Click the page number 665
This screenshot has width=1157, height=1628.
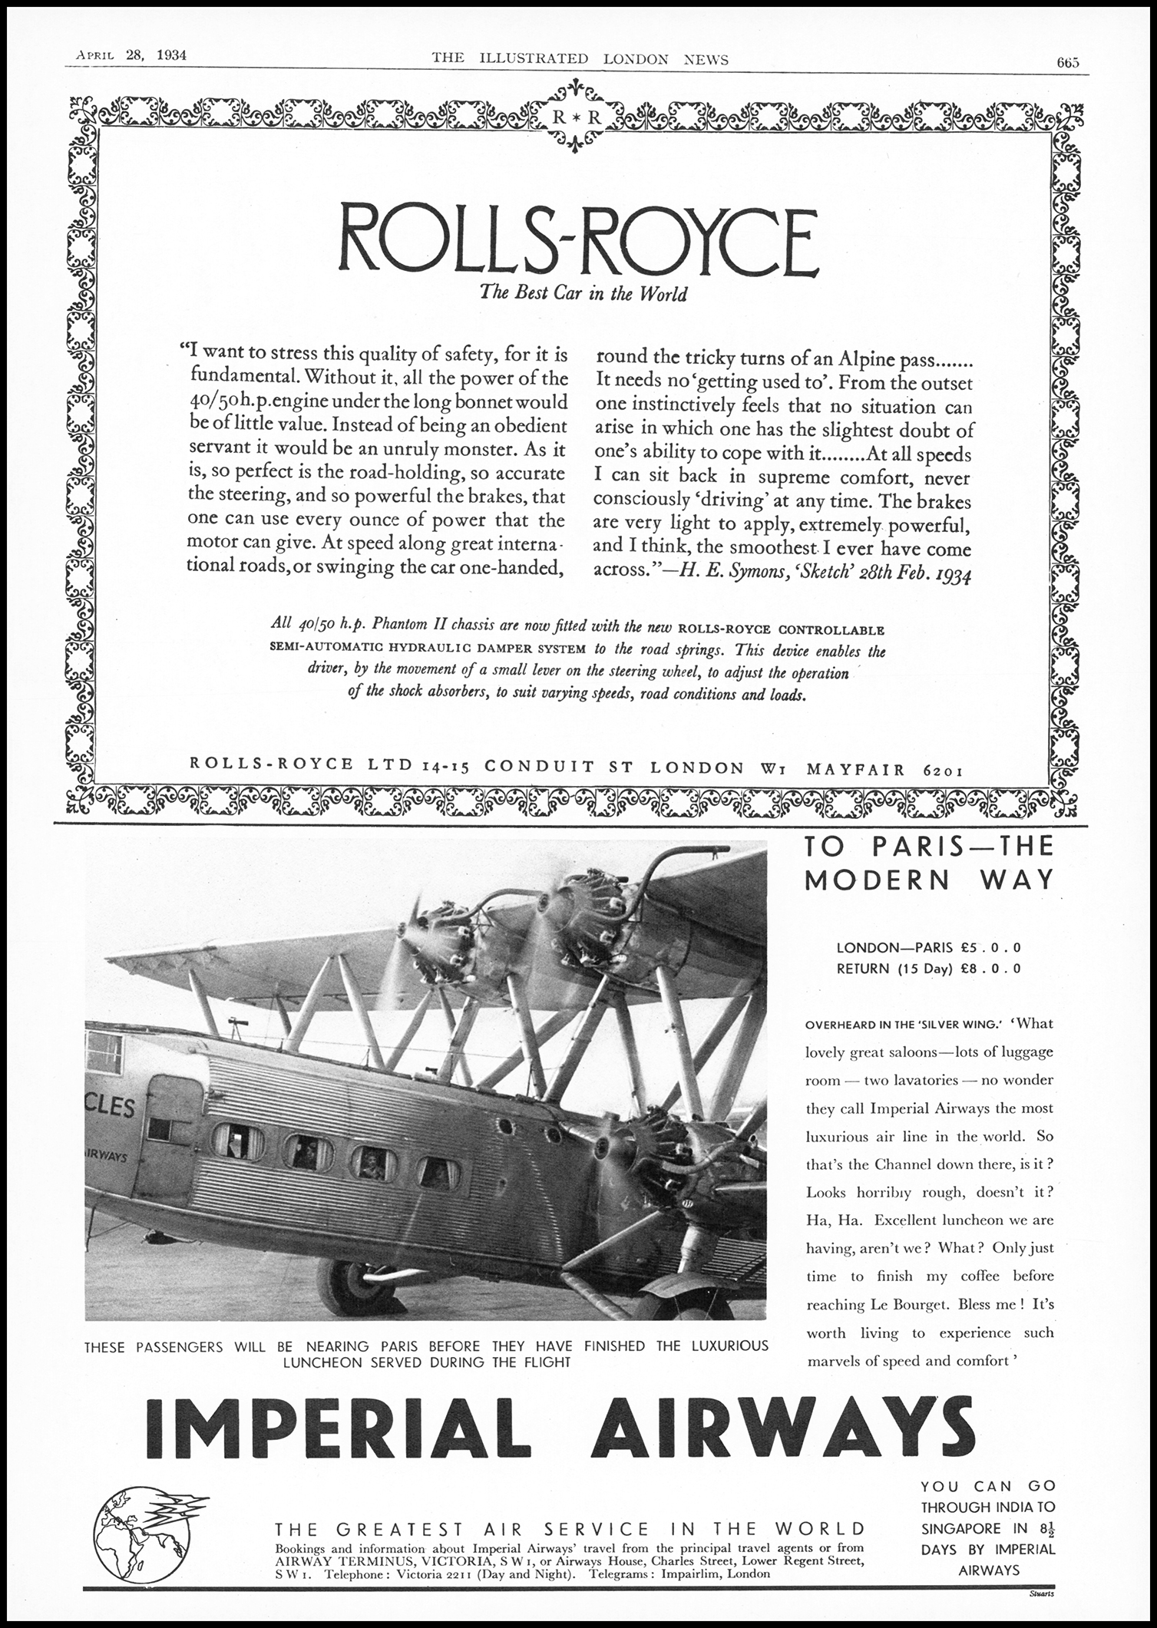pos(1067,63)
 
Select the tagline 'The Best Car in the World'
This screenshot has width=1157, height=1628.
pos(583,293)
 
